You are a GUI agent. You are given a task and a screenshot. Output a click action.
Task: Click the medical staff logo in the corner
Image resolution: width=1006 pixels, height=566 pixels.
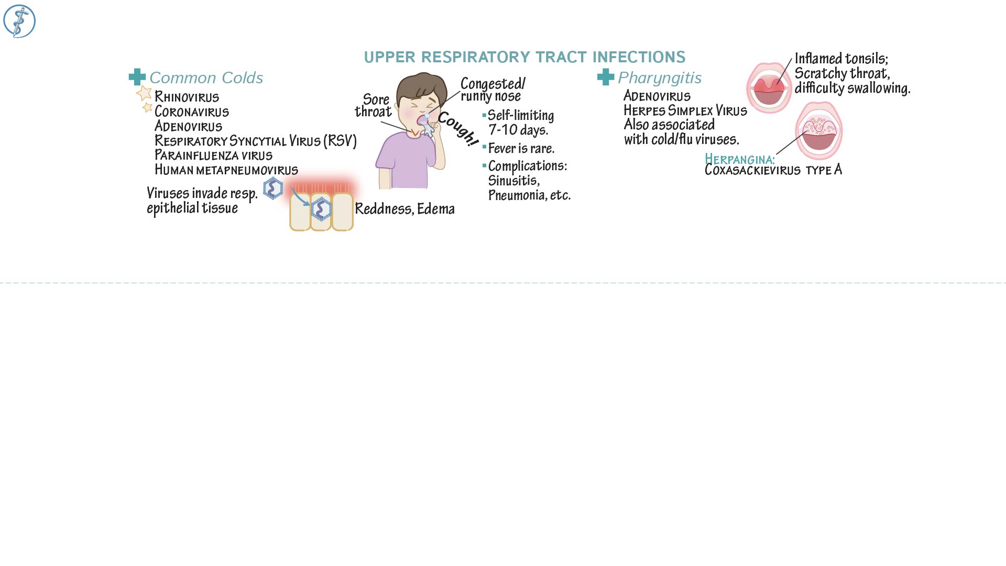click(19, 21)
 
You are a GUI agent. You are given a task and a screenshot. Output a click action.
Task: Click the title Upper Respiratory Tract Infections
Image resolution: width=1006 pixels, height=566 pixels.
click(524, 57)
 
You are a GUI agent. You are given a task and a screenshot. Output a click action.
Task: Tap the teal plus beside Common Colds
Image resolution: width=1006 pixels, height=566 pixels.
click(137, 77)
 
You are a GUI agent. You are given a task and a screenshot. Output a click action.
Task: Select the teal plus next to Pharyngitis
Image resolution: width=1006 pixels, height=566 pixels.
click(606, 77)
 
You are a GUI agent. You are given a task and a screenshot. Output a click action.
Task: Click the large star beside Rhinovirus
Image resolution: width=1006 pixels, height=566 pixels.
click(144, 93)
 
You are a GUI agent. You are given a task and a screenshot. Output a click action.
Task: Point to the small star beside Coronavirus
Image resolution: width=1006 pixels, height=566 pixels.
click(147, 107)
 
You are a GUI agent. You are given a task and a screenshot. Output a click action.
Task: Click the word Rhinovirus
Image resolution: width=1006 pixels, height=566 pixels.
click(187, 97)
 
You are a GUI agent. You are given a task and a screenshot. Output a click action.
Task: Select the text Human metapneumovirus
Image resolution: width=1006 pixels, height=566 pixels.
click(226, 170)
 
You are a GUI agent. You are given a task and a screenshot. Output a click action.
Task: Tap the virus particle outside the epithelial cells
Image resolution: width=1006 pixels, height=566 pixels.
click(272, 188)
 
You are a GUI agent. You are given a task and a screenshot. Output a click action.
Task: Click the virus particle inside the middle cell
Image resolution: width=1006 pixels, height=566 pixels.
click(321, 209)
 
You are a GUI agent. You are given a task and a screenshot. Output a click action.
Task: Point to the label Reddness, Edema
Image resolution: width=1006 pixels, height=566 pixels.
click(404, 209)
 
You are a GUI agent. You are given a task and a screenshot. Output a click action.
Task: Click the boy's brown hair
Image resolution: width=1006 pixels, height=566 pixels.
click(419, 86)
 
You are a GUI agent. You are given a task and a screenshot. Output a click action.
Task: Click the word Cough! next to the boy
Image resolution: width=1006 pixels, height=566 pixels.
click(458, 129)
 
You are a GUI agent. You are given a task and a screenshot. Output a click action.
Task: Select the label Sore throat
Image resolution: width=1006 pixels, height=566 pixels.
click(374, 105)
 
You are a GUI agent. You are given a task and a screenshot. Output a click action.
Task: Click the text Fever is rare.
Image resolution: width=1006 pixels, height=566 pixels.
click(521, 149)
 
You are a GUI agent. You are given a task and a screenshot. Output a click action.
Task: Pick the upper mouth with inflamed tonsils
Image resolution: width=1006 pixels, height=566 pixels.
click(769, 88)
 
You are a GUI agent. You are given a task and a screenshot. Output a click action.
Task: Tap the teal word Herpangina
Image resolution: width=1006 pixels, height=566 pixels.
click(739, 159)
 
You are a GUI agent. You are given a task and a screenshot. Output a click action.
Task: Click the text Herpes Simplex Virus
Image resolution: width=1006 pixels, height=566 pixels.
click(685, 110)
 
